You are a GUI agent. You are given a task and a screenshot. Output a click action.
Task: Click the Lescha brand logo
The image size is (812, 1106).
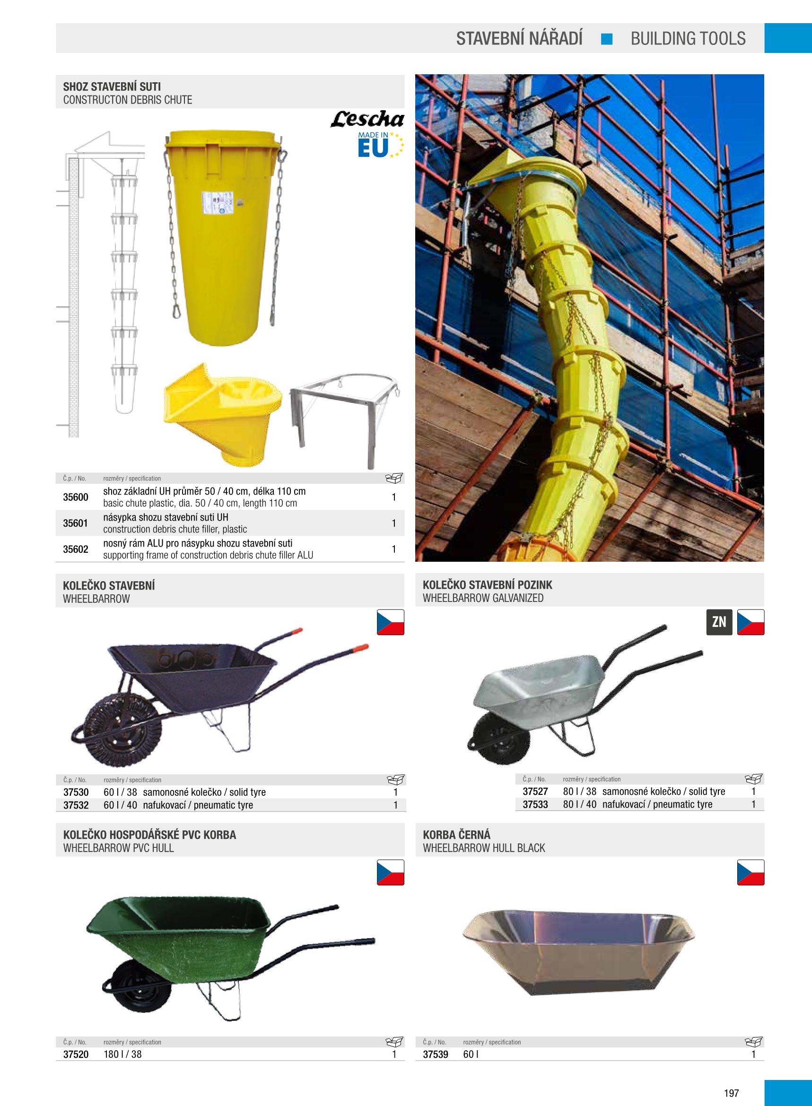367,119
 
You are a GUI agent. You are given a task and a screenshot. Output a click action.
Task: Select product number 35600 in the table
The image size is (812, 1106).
76,497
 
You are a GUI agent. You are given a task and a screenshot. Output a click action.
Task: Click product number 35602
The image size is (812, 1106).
76,549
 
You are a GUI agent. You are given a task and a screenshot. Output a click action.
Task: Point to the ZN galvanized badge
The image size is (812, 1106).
719,622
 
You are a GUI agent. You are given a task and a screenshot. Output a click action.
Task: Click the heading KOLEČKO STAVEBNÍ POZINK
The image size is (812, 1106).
487,585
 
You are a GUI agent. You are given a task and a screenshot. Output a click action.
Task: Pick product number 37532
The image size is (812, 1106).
76,805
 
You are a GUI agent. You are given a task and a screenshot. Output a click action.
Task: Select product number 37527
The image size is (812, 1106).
535,792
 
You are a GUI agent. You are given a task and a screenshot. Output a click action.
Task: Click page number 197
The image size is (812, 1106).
732,1079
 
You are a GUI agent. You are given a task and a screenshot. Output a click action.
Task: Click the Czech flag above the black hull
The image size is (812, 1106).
751,872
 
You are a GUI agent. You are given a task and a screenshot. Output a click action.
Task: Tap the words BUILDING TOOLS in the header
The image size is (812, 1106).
688,38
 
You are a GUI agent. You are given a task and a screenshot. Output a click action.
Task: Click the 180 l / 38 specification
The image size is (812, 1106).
122,1054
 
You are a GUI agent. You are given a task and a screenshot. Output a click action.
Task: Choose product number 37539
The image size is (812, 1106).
436,1054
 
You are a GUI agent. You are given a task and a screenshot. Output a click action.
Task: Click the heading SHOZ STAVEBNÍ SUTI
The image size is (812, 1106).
112,87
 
